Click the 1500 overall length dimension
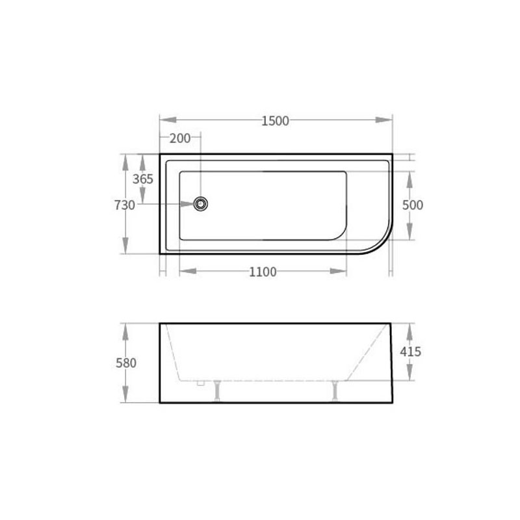pyautogui.click(x=275, y=121)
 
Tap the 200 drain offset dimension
pyautogui.click(x=180, y=138)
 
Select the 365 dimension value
pyautogui.click(x=143, y=179)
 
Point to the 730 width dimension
pyautogui.click(x=125, y=205)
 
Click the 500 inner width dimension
pyautogui.click(x=413, y=205)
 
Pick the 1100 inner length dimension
pyautogui.click(x=263, y=272)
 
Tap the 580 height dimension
pyautogui.click(x=126, y=363)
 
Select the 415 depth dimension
pyautogui.click(x=411, y=352)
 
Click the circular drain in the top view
pyautogui.click(x=201, y=203)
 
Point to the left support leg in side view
pyautogui.click(x=217, y=391)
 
